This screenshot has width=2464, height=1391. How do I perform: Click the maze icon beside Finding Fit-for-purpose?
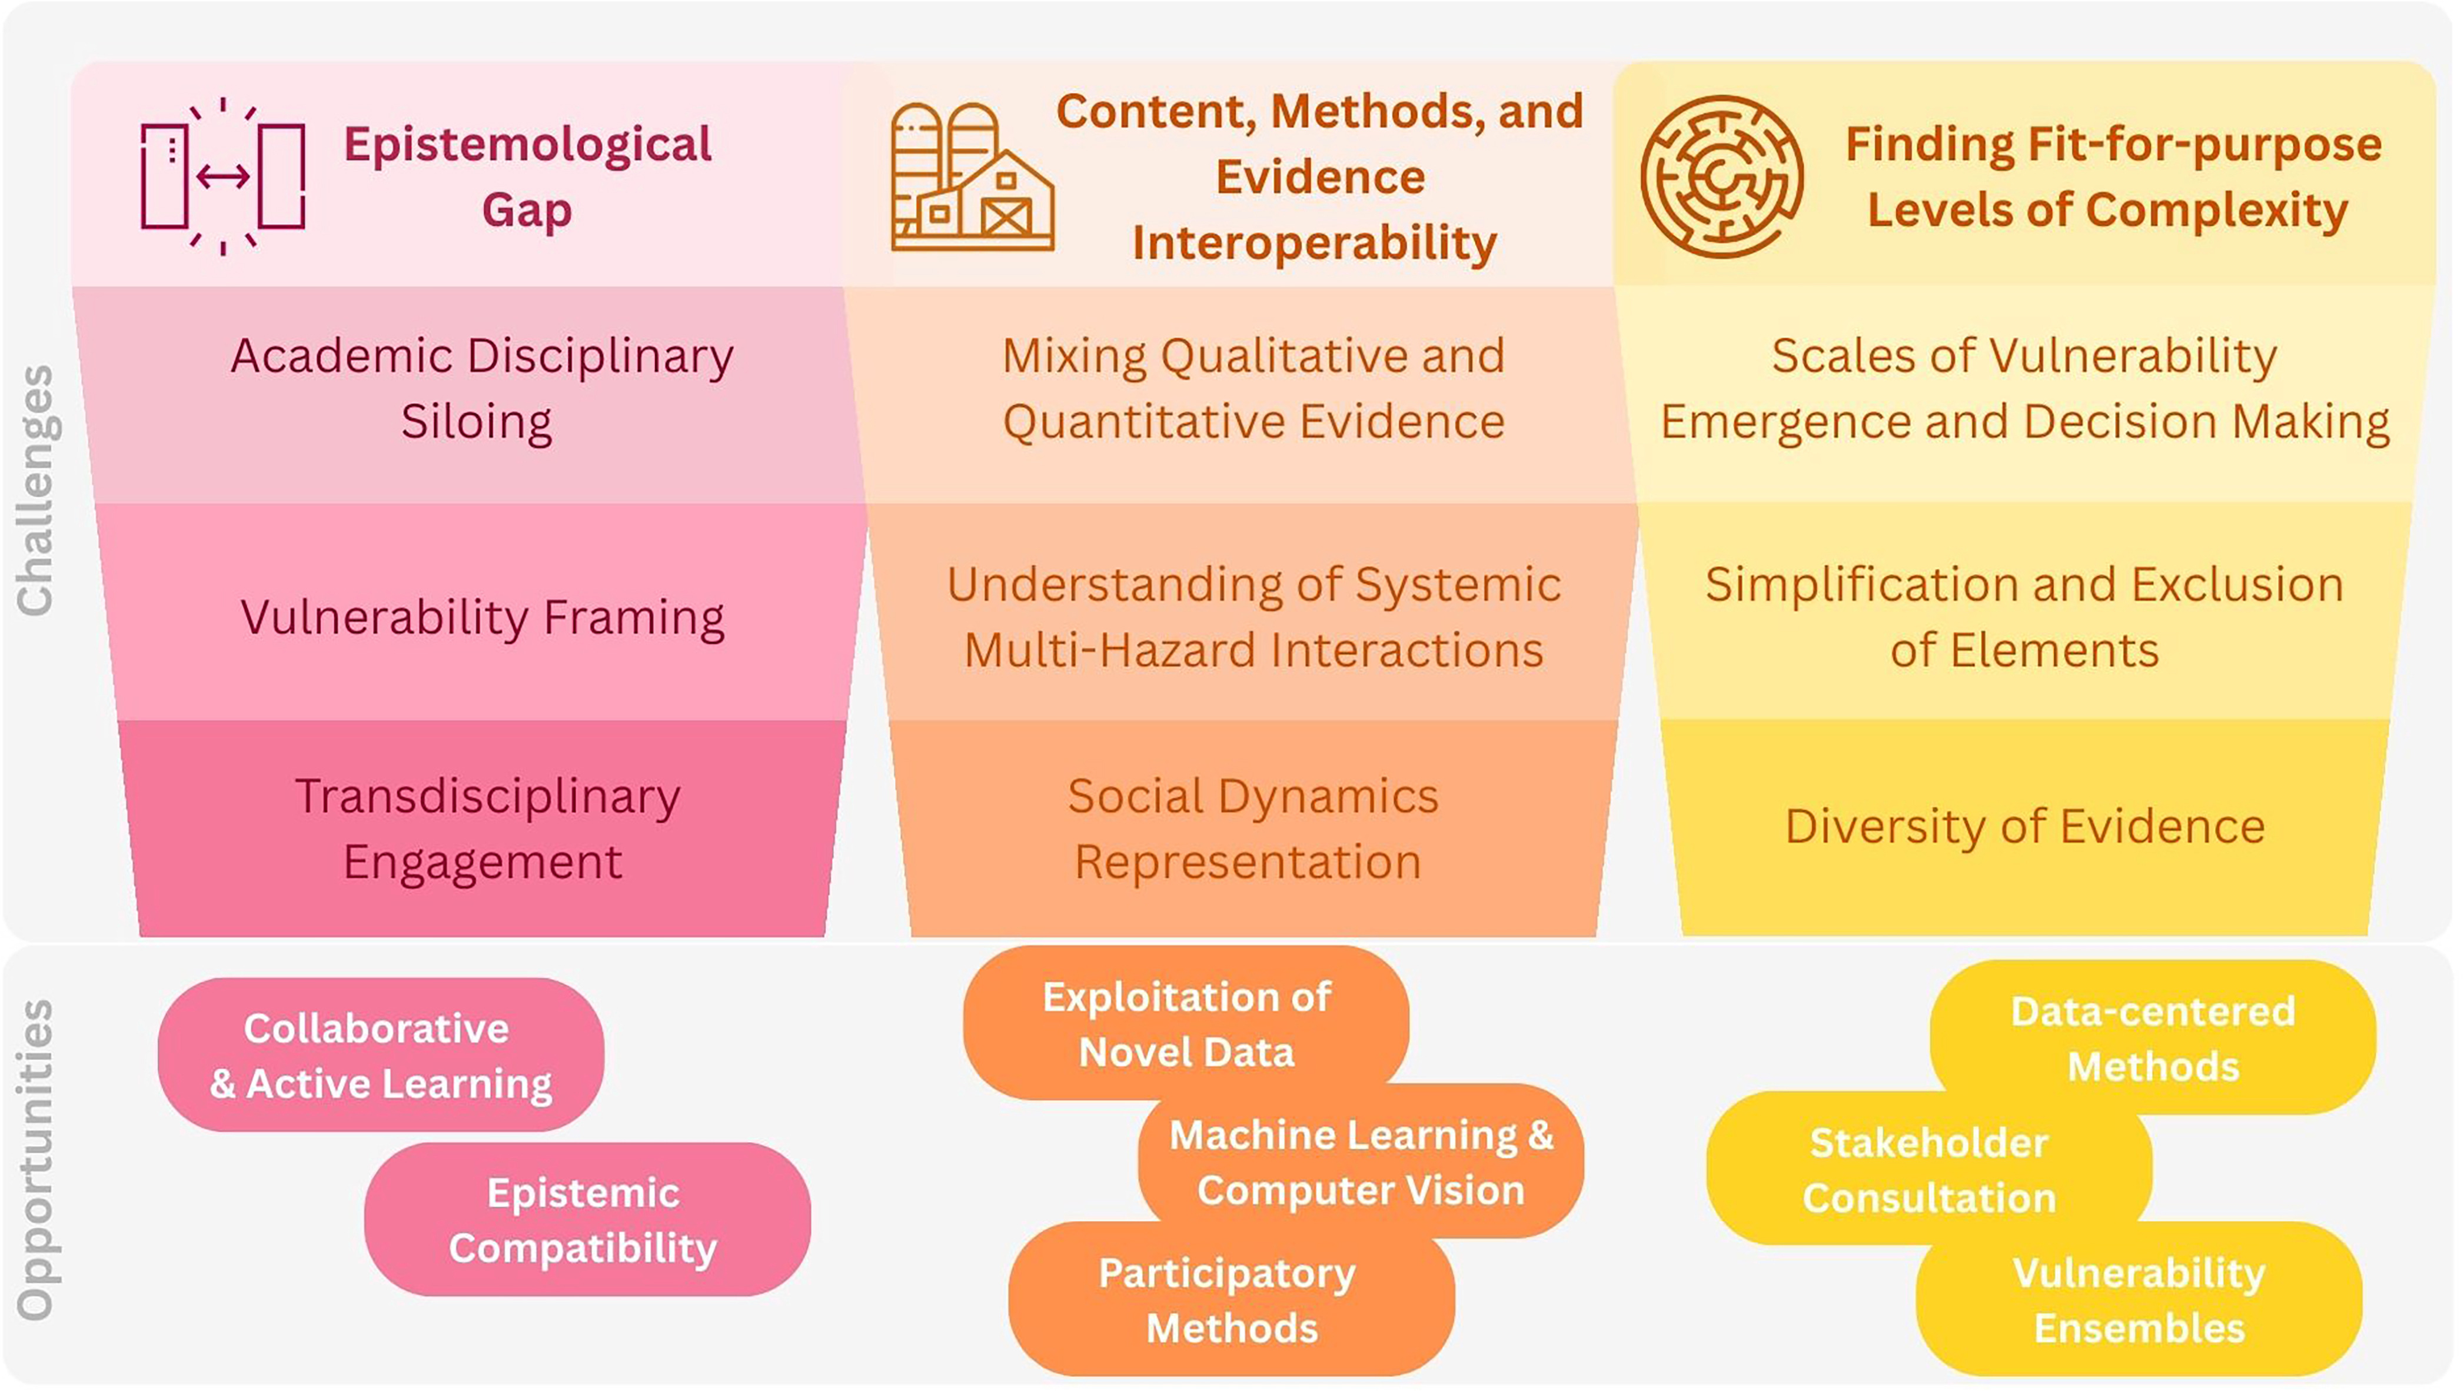tap(1722, 177)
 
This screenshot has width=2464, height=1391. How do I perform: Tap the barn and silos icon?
tap(972, 177)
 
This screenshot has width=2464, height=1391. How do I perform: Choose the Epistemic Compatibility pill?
tap(586, 1220)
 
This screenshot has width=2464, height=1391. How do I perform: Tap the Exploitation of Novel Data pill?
tap(1186, 1024)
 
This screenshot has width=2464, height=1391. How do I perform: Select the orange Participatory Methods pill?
tap(1231, 1300)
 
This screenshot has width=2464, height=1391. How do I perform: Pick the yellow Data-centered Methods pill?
tap(2152, 1038)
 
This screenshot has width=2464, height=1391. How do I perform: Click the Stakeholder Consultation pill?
tap(1929, 1169)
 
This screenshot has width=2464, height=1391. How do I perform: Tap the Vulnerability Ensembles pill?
tap(2139, 1300)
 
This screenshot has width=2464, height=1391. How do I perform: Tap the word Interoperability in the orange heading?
tap(1314, 243)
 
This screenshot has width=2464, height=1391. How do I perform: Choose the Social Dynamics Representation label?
tap(1252, 828)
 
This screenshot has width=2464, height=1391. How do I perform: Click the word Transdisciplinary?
tap(488, 796)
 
